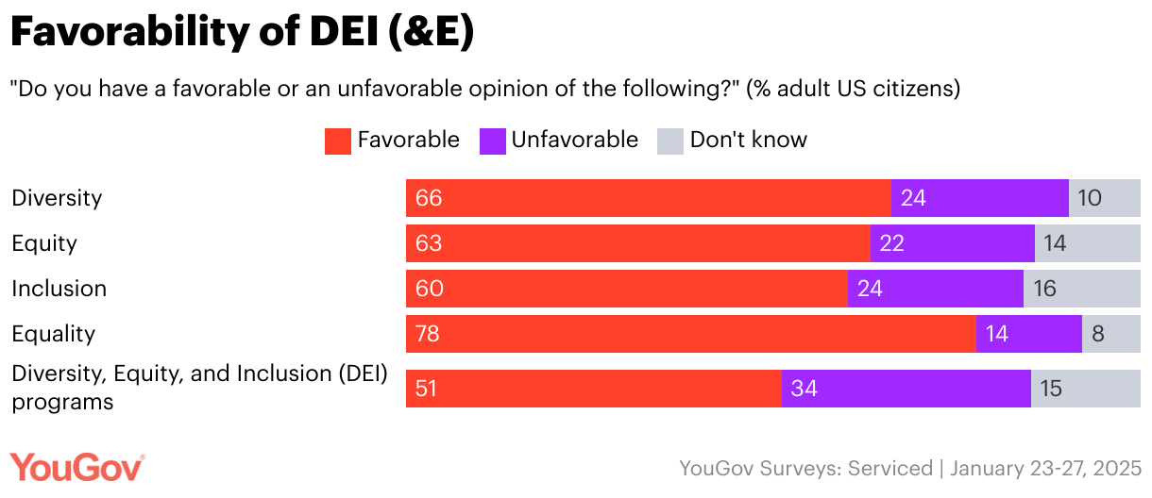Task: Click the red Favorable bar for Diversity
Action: pos(648,198)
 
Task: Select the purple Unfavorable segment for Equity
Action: pos(952,243)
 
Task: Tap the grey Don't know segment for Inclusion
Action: pos(1081,289)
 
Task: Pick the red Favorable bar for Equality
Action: pos(690,334)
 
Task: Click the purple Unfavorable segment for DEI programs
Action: pos(906,389)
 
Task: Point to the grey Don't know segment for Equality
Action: pos(1110,334)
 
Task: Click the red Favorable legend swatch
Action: pos(338,141)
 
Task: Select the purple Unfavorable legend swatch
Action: pos(493,141)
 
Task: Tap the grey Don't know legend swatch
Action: pos(670,141)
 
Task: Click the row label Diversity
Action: pos(57,198)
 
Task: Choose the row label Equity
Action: pos(44,243)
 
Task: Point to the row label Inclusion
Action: pos(59,289)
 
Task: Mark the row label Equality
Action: pos(53,334)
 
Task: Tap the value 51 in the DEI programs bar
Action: pos(427,389)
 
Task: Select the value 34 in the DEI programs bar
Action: pos(804,389)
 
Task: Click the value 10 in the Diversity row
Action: pos(1089,198)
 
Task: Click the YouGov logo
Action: pos(77,468)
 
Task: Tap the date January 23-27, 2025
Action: pos(1045,468)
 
